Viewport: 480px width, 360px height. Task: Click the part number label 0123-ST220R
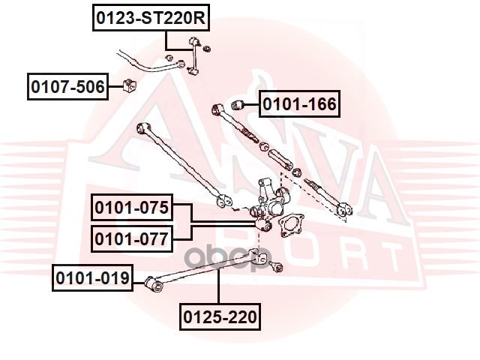coord(151,18)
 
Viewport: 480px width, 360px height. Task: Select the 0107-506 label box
coord(67,87)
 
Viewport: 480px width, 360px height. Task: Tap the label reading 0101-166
coord(299,103)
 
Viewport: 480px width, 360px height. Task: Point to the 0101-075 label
coord(132,207)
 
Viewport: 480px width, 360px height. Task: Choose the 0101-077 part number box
coord(132,238)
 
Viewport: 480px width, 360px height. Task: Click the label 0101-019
coord(92,278)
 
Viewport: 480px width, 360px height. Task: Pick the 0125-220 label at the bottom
coord(220,316)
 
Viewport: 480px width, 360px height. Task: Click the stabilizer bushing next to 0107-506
coord(130,85)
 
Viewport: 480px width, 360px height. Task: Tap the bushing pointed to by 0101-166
coord(237,105)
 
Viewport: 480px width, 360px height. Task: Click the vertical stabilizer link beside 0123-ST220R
coord(193,56)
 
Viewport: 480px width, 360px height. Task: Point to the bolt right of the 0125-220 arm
coord(277,267)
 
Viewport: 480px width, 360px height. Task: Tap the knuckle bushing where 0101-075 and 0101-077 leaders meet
coord(263,225)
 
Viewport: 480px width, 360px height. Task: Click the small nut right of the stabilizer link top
coord(207,48)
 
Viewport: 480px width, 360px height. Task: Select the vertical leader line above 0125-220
coord(218,286)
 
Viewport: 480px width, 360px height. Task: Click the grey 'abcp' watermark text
coord(229,257)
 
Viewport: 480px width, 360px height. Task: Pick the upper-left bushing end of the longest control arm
coord(143,127)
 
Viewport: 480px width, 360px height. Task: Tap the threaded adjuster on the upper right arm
coord(250,135)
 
